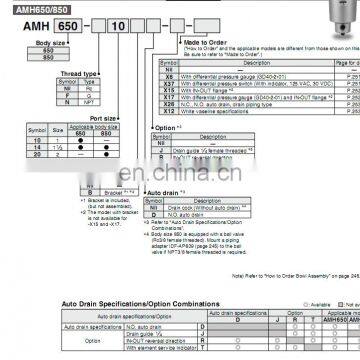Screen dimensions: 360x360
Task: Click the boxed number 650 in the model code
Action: tap(59, 29)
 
